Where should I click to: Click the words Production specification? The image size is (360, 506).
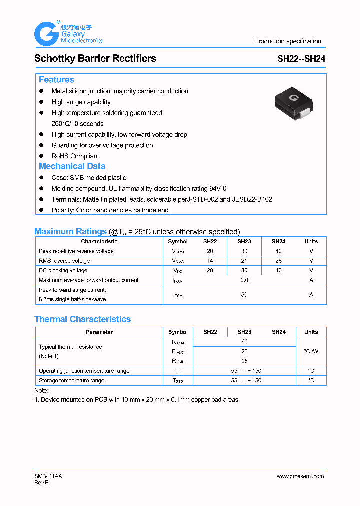coord(287,41)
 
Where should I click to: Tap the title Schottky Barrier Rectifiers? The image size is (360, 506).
coord(95,58)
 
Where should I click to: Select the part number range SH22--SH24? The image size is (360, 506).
coord(301,59)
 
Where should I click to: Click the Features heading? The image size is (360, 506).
coord(56,80)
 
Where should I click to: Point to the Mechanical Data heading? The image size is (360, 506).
coord(72,166)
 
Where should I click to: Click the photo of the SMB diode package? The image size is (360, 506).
coord(294,103)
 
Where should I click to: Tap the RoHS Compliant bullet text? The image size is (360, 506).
coord(75,156)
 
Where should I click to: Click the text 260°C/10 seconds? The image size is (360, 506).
coord(77,123)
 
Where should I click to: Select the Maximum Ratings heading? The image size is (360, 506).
coord(70,231)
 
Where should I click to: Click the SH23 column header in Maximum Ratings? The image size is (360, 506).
coord(244,241)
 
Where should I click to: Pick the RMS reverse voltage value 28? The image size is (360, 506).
coord(278,261)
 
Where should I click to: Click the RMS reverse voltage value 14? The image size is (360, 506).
coord(210,261)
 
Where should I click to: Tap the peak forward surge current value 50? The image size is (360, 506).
coord(244,295)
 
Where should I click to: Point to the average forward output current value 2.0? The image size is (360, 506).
coord(244,280)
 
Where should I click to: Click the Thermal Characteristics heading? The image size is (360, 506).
coord(82,319)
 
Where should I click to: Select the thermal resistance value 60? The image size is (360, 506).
coord(244,342)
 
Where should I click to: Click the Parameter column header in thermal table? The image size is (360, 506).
coord(99,332)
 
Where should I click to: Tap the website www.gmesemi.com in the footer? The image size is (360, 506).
coord(300,476)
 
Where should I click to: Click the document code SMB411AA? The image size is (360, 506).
coord(48,476)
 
